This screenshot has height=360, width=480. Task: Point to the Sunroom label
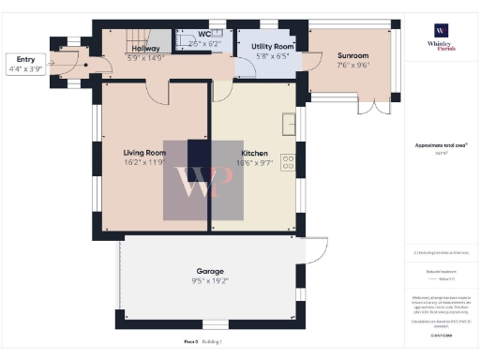(353, 56)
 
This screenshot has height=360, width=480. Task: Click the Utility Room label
(273, 46)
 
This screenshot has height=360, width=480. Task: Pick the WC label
(205, 34)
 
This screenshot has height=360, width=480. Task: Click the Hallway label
(144, 48)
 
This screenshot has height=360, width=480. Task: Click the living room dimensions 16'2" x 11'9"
(144, 161)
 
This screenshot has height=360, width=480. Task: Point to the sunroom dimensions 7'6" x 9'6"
(353, 67)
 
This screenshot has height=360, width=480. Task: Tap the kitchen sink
(289, 123)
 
